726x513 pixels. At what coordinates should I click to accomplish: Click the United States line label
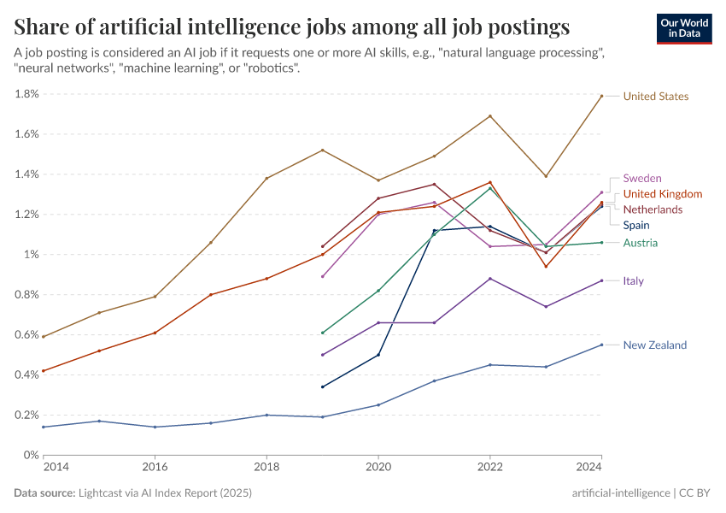coord(655,97)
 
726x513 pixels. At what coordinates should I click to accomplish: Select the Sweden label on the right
coord(642,178)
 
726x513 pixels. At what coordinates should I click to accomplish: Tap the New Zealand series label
coord(654,345)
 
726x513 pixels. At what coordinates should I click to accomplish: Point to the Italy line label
coord(633,281)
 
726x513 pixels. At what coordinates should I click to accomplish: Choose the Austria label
coord(640,244)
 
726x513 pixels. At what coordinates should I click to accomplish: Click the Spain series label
coord(635,226)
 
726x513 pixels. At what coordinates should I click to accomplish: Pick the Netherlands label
coord(653,209)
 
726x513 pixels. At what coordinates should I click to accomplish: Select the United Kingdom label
coord(662,194)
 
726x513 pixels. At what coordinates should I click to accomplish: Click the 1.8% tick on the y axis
coord(26,94)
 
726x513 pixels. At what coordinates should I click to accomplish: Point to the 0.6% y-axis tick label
coord(26,335)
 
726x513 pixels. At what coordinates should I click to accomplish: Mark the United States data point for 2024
coord(601,96)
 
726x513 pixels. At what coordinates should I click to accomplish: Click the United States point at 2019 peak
coord(322,150)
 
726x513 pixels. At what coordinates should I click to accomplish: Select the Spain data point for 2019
coord(322,386)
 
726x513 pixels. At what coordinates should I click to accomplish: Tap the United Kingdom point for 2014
coord(44,371)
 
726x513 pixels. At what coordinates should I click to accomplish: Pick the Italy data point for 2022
coord(489,278)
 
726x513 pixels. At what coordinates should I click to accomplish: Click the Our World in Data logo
coord(684,28)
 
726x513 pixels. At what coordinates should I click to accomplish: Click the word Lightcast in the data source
coord(104,493)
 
